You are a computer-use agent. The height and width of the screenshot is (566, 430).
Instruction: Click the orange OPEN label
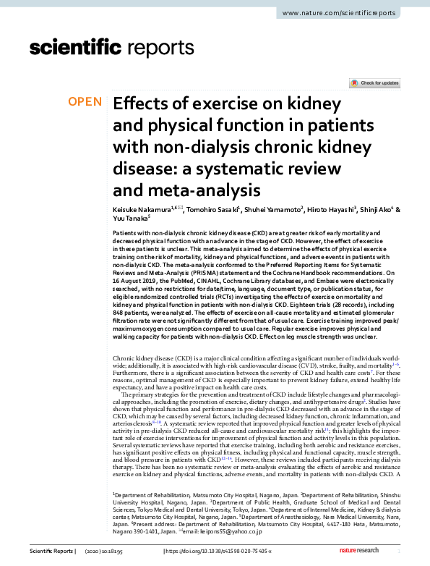[85, 102]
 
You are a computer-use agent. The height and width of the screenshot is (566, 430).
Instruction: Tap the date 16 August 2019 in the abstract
[134, 279]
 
